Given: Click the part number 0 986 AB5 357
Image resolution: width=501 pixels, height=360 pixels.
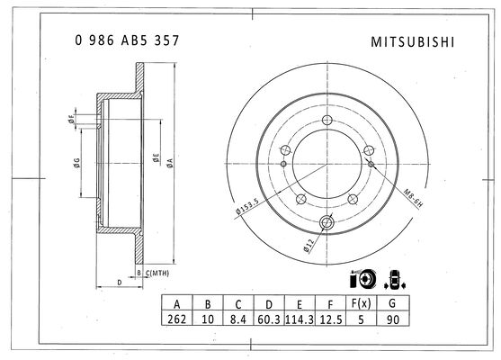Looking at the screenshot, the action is [127, 40].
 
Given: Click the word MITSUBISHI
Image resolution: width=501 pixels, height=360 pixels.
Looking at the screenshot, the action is [412, 42].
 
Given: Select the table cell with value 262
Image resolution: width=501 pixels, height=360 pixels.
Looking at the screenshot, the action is [176, 319].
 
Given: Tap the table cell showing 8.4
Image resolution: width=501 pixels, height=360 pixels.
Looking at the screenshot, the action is [238, 319].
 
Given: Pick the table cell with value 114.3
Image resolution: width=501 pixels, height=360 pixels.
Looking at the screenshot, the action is [300, 319].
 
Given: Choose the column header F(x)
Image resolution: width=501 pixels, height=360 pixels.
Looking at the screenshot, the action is [361, 302].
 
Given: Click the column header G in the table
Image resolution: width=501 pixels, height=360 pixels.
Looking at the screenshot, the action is [393, 302].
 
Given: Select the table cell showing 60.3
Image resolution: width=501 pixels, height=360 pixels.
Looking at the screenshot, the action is [269, 319].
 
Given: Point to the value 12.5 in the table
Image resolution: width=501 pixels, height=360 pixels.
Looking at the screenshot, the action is [331, 319].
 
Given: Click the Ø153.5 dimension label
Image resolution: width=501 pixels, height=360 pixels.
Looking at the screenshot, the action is [246, 206].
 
